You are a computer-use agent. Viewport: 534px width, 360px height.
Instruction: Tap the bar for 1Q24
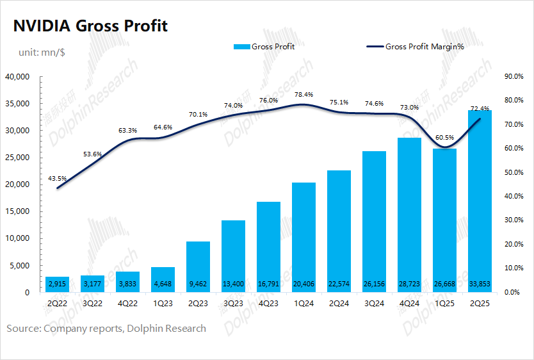[304, 237]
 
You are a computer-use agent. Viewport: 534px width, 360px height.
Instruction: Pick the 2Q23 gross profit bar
[198, 266]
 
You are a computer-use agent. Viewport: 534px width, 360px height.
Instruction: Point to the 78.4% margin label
[304, 95]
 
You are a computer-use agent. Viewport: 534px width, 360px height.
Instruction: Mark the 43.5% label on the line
[58, 177]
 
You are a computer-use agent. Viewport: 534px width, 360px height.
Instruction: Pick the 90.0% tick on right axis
[515, 77]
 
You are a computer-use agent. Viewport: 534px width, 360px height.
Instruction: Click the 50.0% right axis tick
[515, 172]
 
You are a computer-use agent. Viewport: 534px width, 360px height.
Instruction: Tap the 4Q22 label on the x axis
[128, 305]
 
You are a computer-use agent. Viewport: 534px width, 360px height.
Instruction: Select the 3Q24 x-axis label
[375, 305]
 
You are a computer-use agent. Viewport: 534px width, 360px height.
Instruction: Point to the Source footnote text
[106, 329]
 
